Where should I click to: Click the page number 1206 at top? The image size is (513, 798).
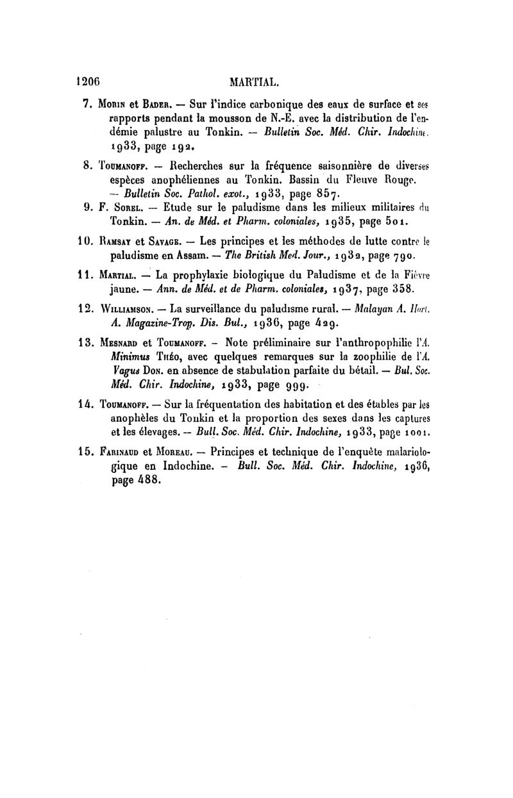(x=90, y=82)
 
